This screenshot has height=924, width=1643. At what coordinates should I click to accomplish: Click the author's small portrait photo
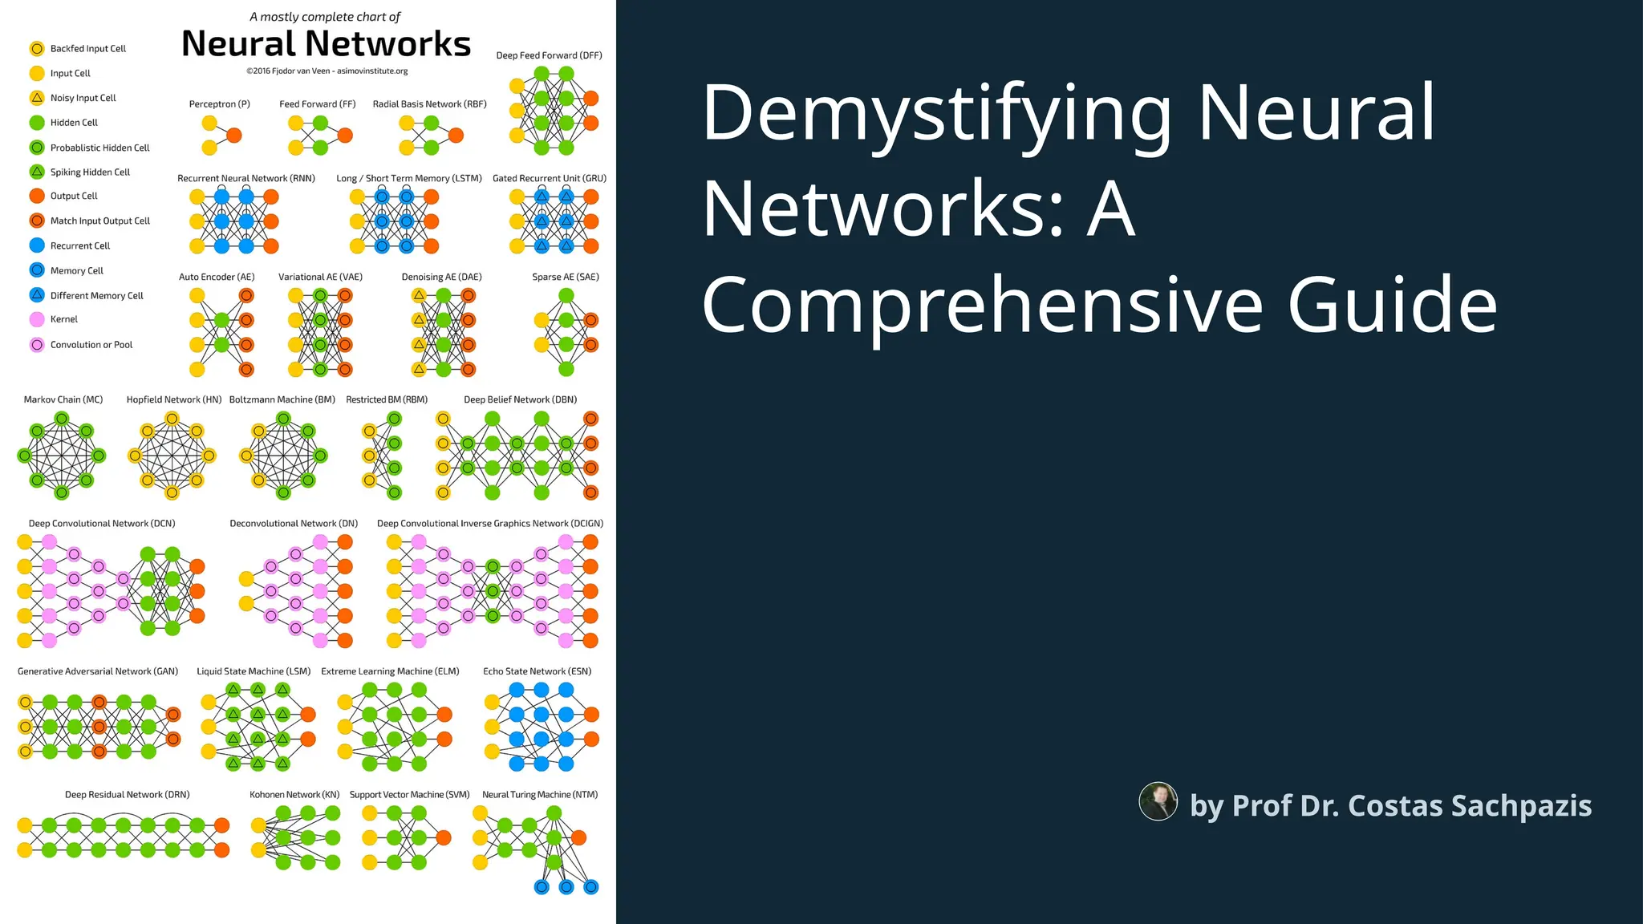click(x=1158, y=801)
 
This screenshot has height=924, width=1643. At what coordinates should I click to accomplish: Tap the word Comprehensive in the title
click(x=982, y=306)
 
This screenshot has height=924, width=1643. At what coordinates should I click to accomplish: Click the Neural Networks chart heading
click(x=326, y=44)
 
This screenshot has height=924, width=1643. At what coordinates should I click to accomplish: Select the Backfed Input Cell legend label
click(x=87, y=49)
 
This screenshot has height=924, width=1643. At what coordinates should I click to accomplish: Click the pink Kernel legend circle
click(x=37, y=319)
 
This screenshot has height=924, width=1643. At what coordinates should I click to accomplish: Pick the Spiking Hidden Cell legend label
click(x=90, y=172)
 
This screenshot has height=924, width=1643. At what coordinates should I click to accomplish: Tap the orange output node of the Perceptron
click(x=234, y=136)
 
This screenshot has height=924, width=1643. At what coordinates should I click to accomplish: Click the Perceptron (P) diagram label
click(x=219, y=104)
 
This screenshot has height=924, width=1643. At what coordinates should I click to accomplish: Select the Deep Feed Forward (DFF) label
click(x=549, y=55)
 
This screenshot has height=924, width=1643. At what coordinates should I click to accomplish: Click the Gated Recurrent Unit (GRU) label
click(x=550, y=178)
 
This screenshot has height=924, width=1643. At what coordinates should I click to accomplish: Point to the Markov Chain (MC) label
click(x=63, y=399)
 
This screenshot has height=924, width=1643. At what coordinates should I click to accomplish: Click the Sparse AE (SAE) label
click(x=566, y=277)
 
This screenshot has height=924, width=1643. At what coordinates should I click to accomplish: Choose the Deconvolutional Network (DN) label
click(x=294, y=524)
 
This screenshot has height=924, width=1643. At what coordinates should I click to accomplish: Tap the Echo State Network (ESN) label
click(x=537, y=671)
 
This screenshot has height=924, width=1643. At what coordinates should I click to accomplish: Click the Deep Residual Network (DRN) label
click(x=127, y=795)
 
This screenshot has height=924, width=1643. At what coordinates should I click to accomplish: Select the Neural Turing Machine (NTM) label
click(x=540, y=795)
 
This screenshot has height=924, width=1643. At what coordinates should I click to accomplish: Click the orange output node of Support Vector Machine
click(x=444, y=838)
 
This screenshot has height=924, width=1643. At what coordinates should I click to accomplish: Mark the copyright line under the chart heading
click(x=327, y=71)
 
